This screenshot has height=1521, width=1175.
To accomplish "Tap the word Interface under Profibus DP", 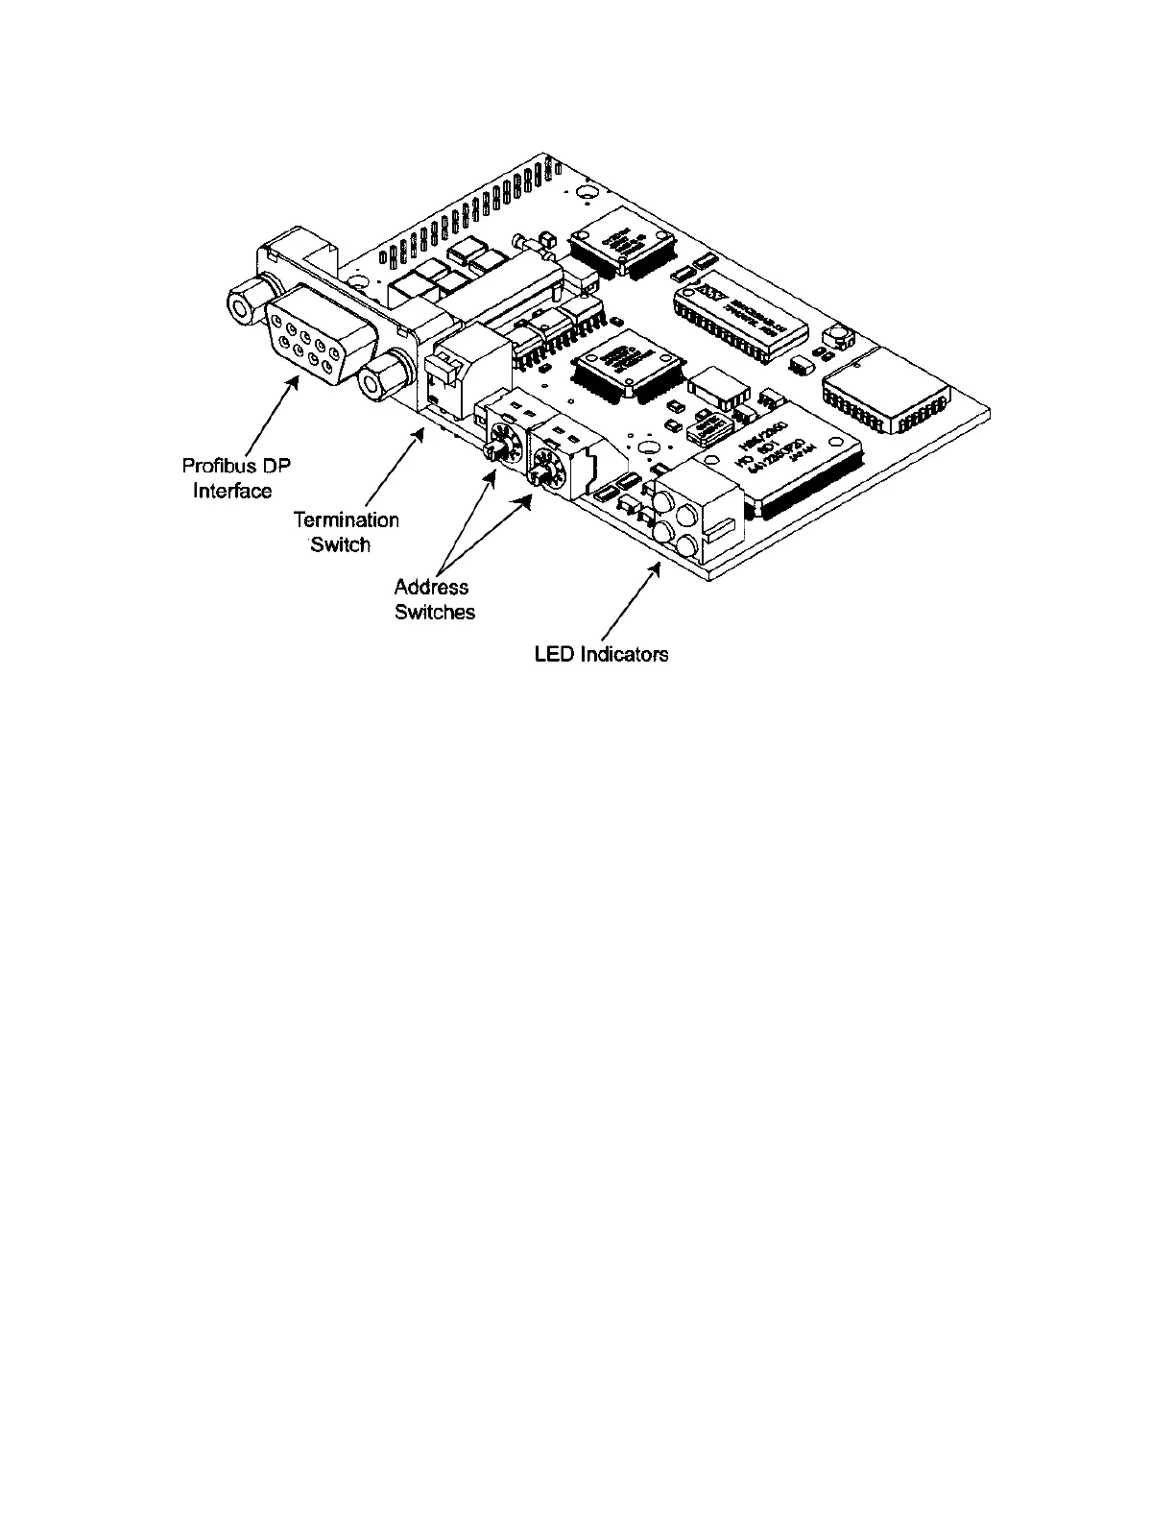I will (x=232, y=491).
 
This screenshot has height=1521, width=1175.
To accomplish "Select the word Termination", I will (x=346, y=519).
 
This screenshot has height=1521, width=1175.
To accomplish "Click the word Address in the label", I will (x=431, y=587).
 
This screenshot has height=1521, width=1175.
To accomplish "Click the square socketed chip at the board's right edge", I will (x=884, y=389).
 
